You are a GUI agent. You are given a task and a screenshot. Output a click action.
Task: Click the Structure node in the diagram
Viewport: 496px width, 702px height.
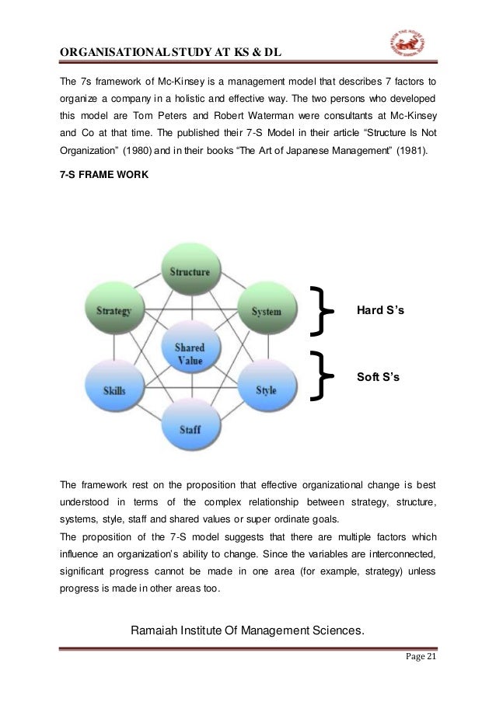[190, 271]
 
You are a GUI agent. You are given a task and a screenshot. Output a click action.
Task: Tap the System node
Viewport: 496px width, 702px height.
[266, 311]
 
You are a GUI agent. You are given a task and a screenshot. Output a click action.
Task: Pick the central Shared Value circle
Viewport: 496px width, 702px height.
[190, 353]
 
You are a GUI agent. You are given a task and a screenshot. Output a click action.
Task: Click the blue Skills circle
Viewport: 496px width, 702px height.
[114, 390]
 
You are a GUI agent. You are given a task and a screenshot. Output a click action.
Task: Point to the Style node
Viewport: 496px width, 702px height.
[266, 390]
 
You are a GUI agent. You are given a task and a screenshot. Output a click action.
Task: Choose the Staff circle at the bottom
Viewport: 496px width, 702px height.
[190, 428]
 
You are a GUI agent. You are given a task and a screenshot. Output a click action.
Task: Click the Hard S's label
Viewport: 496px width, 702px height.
[380, 311]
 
